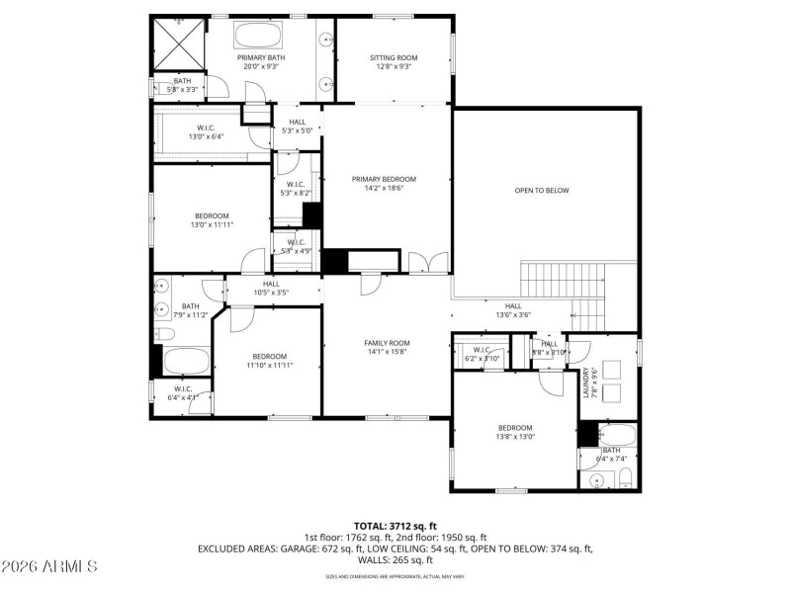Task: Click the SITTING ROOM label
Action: [x=394, y=58]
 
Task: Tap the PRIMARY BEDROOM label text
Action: [x=384, y=179]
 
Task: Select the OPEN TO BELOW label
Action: [x=542, y=190]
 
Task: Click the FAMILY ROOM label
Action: [x=387, y=342]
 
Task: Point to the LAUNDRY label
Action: [x=585, y=383]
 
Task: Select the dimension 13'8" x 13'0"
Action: [x=514, y=436]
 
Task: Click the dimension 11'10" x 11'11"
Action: [x=269, y=366]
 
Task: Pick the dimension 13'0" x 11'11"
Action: [x=212, y=225]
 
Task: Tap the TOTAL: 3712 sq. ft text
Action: [x=395, y=526]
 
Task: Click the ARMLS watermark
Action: [x=49, y=566]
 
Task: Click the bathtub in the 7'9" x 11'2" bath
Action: [x=186, y=360]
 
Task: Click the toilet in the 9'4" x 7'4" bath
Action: [x=625, y=480]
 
